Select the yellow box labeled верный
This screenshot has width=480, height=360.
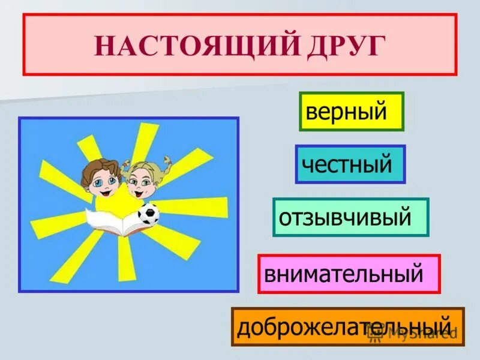coord(352,112)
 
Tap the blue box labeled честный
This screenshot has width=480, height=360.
coord(350,164)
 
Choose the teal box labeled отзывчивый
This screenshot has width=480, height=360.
coord(350,217)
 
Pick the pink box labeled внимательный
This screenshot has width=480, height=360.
coord(349,274)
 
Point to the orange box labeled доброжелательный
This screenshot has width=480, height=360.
coord(347,326)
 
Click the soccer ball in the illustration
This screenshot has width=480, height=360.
coord(148,214)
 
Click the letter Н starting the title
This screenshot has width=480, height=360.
coord(103,46)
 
